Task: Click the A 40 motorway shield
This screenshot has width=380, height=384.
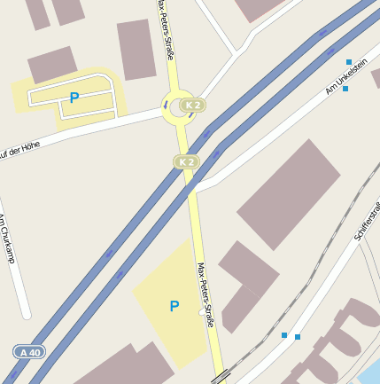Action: pos(30,352)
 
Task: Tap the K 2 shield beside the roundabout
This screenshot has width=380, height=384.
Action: pos(193,106)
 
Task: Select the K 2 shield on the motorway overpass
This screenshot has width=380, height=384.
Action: pos(186,161)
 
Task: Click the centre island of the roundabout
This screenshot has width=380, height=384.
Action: pos(178,106)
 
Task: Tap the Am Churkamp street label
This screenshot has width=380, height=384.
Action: pos(6,239)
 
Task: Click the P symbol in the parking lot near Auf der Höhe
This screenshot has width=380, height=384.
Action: pos(74,98)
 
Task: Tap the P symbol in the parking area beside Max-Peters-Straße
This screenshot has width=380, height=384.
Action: pos(174,306)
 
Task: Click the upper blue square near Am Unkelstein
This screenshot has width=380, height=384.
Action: pos(349,61)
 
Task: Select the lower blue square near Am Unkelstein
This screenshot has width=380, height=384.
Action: pos(345,89)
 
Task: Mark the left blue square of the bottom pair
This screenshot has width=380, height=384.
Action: pos(283,335)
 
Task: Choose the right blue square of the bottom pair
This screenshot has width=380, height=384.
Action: pos(298,337)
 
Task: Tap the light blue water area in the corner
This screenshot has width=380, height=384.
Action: pos(370,370)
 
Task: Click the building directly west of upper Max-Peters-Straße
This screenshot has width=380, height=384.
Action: pos(136,48)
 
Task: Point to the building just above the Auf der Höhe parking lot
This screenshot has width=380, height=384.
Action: pos(52,65)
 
